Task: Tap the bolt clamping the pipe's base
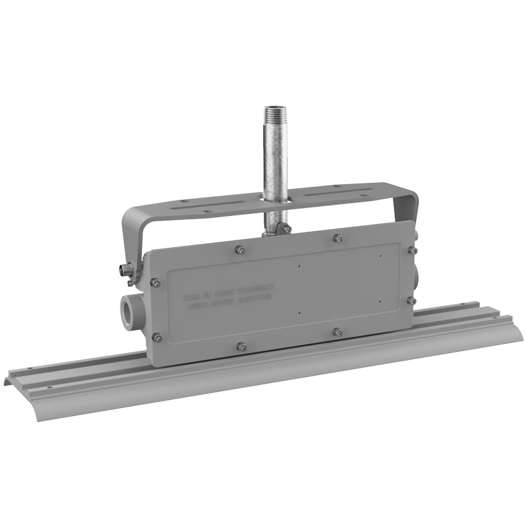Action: pos(286,229)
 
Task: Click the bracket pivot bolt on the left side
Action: pos(123,270)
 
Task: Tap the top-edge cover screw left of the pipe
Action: pos(240,250)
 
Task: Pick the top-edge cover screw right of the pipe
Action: pos(338,238)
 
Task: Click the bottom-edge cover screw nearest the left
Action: pos(242,346)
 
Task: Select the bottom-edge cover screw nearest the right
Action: pos(338,331)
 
